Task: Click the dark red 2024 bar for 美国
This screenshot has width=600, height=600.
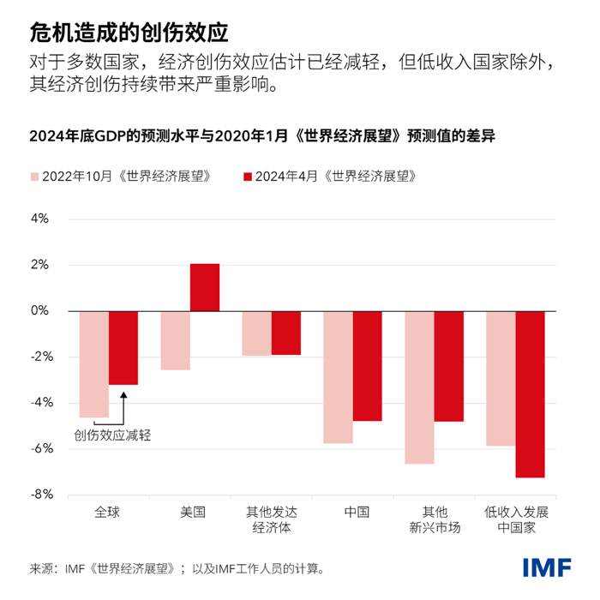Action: pos(204,287)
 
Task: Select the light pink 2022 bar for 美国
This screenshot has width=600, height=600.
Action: pos(175,340)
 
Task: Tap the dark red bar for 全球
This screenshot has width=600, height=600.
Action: pos(123,347)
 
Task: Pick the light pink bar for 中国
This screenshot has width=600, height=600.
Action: pos(338,376)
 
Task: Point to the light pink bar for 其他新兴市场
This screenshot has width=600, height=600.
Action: pos(419,387)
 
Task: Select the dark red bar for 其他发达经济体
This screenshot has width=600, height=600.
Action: pos(285,333)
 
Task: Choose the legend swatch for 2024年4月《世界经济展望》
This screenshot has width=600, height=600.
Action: pos(249,176)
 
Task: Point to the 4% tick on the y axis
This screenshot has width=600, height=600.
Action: pos(41,219)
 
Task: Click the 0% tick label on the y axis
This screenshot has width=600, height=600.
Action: pos(41,310)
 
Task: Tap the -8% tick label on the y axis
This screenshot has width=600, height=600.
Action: pos(39,495)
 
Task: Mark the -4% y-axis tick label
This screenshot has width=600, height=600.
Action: pos(39,402)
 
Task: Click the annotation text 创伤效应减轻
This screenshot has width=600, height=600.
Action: pos(112,435)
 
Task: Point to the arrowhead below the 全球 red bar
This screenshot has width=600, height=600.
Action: pos(123,394)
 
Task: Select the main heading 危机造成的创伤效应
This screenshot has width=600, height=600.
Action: pos(128,33)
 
